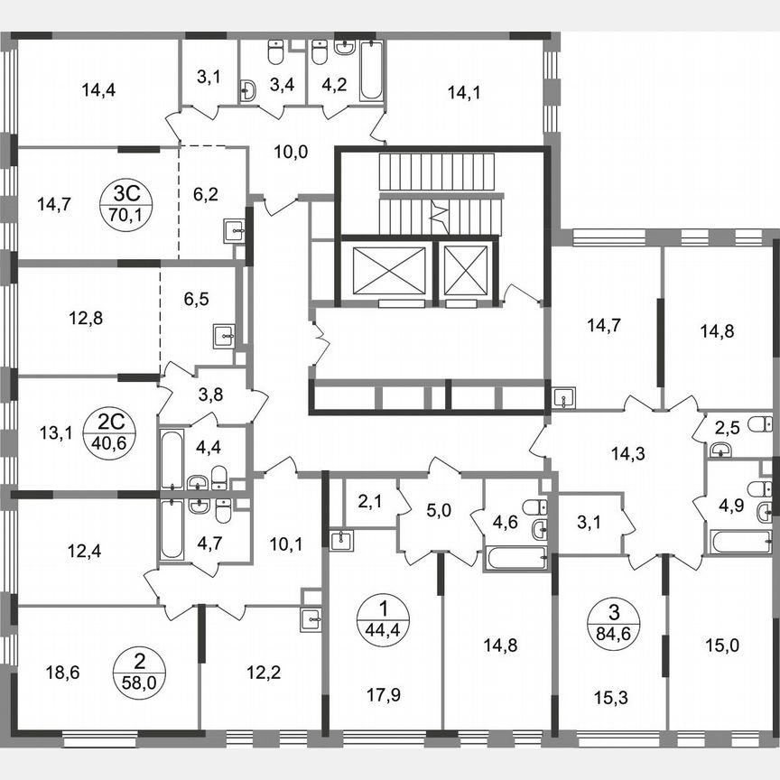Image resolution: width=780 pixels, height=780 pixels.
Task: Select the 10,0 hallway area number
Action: tap(291, 152)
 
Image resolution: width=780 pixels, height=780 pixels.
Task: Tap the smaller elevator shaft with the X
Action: tap(467, 270)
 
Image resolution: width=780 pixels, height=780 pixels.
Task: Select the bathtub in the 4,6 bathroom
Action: tap(516, 556)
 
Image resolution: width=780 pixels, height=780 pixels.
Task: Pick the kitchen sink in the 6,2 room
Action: tap(233, 231)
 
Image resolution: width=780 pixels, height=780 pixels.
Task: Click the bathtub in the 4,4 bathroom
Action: tap(171, 459)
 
